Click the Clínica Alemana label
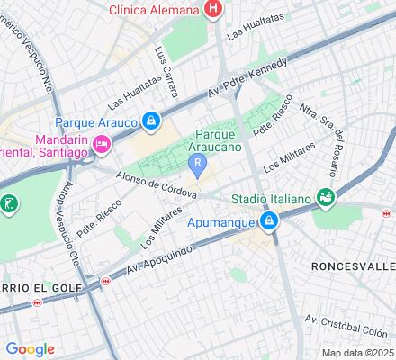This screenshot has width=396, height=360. pyautogui.click(x=153, y=10)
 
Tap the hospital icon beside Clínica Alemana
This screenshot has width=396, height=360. pyautogui.click(x=213, y=10)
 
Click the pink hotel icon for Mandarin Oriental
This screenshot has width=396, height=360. pyautogui.click(x=102, y=143)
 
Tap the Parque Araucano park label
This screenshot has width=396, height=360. pyautogui.click(x=214, y=142)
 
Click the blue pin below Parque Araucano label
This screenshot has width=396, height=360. pyautogui.click(x=198, y=165)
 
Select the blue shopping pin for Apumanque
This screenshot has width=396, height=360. pyautogui.click(x=270, y=222)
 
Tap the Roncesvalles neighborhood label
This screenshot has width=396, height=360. pyautogui.click(x=352, y=266)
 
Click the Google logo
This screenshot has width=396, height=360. pyautogui.click(x=30, y=349)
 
